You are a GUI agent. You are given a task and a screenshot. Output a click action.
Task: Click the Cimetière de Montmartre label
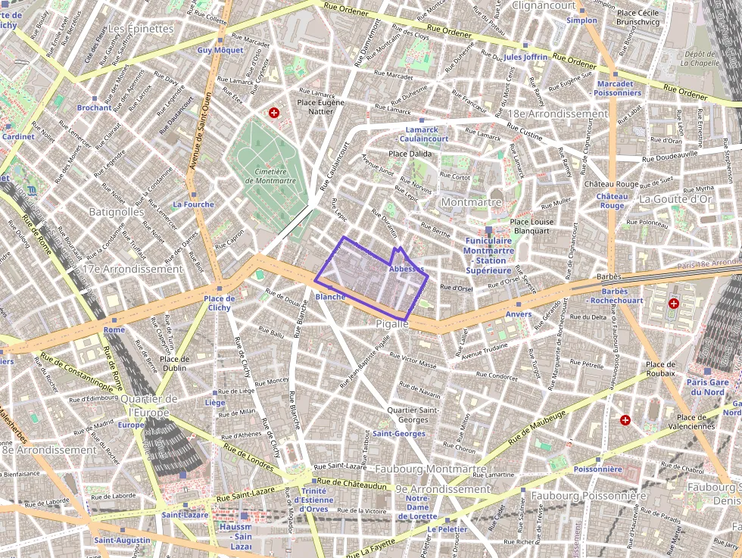click(x=270, y=176)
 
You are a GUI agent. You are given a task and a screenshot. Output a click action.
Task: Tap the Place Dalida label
click(x=409, y=154)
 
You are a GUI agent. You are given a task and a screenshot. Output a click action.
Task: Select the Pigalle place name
click(x=391, y=323)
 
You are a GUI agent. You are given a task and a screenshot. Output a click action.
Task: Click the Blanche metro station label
click(x=330, y=297)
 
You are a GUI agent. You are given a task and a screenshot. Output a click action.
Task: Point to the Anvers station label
click(x=519, y=313)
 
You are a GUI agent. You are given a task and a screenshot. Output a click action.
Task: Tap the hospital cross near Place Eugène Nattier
click(x=274, y=113)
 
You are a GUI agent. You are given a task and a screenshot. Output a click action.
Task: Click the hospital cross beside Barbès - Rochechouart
click(x=674, y=304)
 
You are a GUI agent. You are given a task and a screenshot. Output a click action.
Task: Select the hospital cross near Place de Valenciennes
click(x=625, y=419)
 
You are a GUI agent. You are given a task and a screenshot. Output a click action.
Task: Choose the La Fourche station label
click(x=193, y=204)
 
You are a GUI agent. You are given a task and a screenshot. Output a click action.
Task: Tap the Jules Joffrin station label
click(x=525, y=57)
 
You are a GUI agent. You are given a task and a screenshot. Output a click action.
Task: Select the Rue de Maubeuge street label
click(x=537, y=426)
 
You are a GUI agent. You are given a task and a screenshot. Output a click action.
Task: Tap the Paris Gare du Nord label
click(x=707, y=387)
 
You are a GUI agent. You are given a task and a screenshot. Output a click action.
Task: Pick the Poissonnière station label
click(x=597, y=469)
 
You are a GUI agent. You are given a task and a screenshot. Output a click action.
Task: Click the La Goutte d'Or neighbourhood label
click(x=675, y=199)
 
